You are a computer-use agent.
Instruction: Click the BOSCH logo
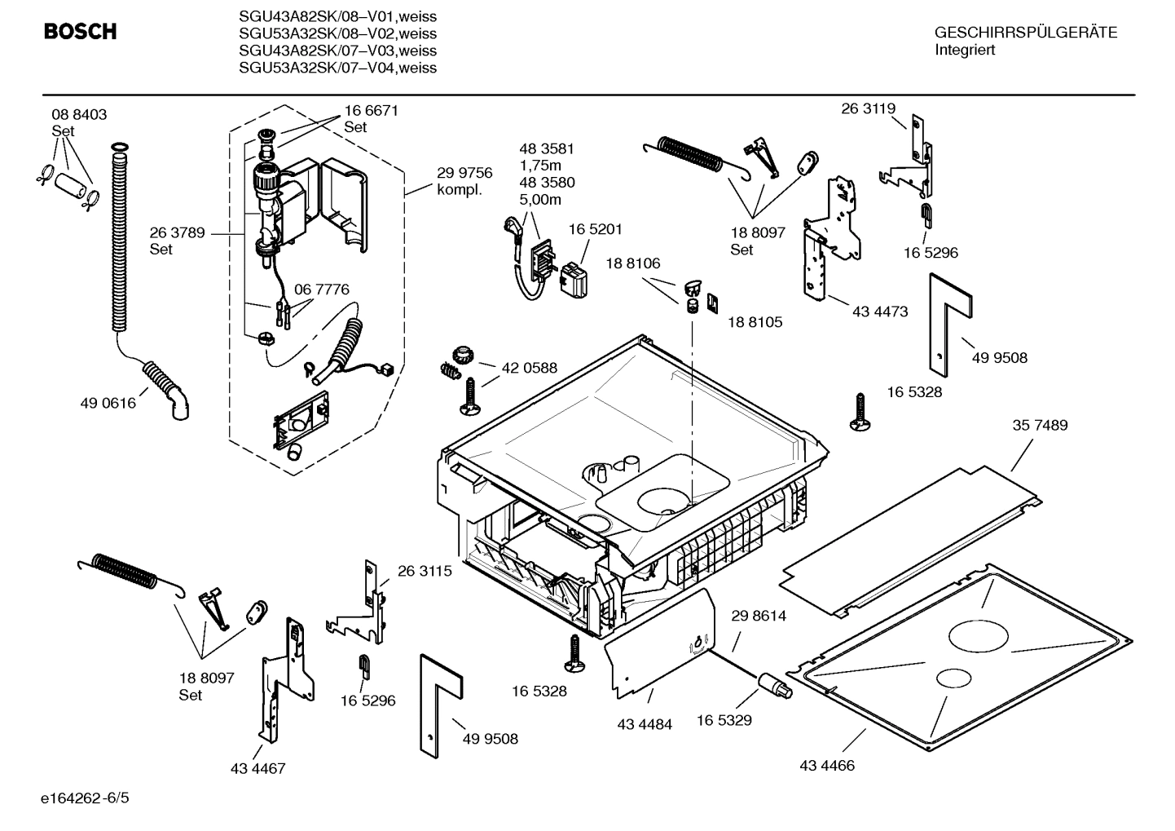point(80,32)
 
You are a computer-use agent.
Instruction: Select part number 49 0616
point(108,403)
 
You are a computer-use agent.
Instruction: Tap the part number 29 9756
point(464,173)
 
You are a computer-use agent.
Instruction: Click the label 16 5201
point(595,230)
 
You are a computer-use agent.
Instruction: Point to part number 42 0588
point(529,368)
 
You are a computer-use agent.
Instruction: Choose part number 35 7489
point(1040,425)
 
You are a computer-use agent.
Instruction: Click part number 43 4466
point(827,766)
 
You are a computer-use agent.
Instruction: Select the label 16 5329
point(724,720)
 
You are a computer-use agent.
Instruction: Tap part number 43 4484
point(645,724)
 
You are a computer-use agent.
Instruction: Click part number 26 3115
point(425,572)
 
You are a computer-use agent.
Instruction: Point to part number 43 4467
point(257,768)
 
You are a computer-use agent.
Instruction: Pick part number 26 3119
point(868,108)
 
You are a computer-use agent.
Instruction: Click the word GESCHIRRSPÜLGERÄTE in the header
point(1025,33)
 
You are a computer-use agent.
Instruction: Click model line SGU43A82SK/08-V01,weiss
point(337,16)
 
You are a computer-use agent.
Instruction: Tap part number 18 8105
point(755,322)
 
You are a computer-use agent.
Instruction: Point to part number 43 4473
point(880,312)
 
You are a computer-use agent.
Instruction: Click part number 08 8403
point(79,115)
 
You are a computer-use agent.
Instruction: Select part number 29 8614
point(759,616)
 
